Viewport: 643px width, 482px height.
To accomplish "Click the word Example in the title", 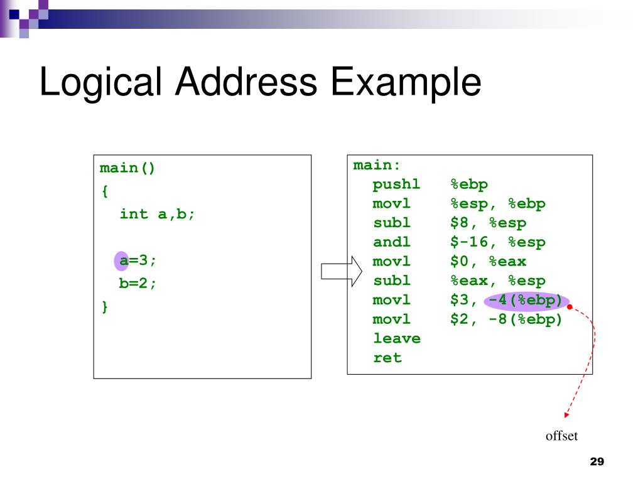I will tap(407, 83).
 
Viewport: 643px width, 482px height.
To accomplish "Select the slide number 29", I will tap(597, 462).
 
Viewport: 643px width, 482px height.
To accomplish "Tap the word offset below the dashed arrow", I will tap(561, 436).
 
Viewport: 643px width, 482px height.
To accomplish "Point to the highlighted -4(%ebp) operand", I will tap(526, 301).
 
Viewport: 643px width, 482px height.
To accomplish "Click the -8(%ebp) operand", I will tap(526, 320).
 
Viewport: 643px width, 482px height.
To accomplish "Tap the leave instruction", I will tap(396, 339).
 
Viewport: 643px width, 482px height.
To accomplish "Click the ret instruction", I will tap(387, 358).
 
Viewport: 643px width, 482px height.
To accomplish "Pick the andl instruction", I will tap(391, 243).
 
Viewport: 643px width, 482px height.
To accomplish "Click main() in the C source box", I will tap(127, 169).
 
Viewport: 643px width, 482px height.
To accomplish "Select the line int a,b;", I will tap(158, 214).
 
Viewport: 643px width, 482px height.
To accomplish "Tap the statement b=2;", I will tap(138, 283).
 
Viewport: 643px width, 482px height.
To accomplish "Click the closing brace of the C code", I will tap(104, 306).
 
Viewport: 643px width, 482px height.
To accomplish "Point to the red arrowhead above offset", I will tap(566, 414).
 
